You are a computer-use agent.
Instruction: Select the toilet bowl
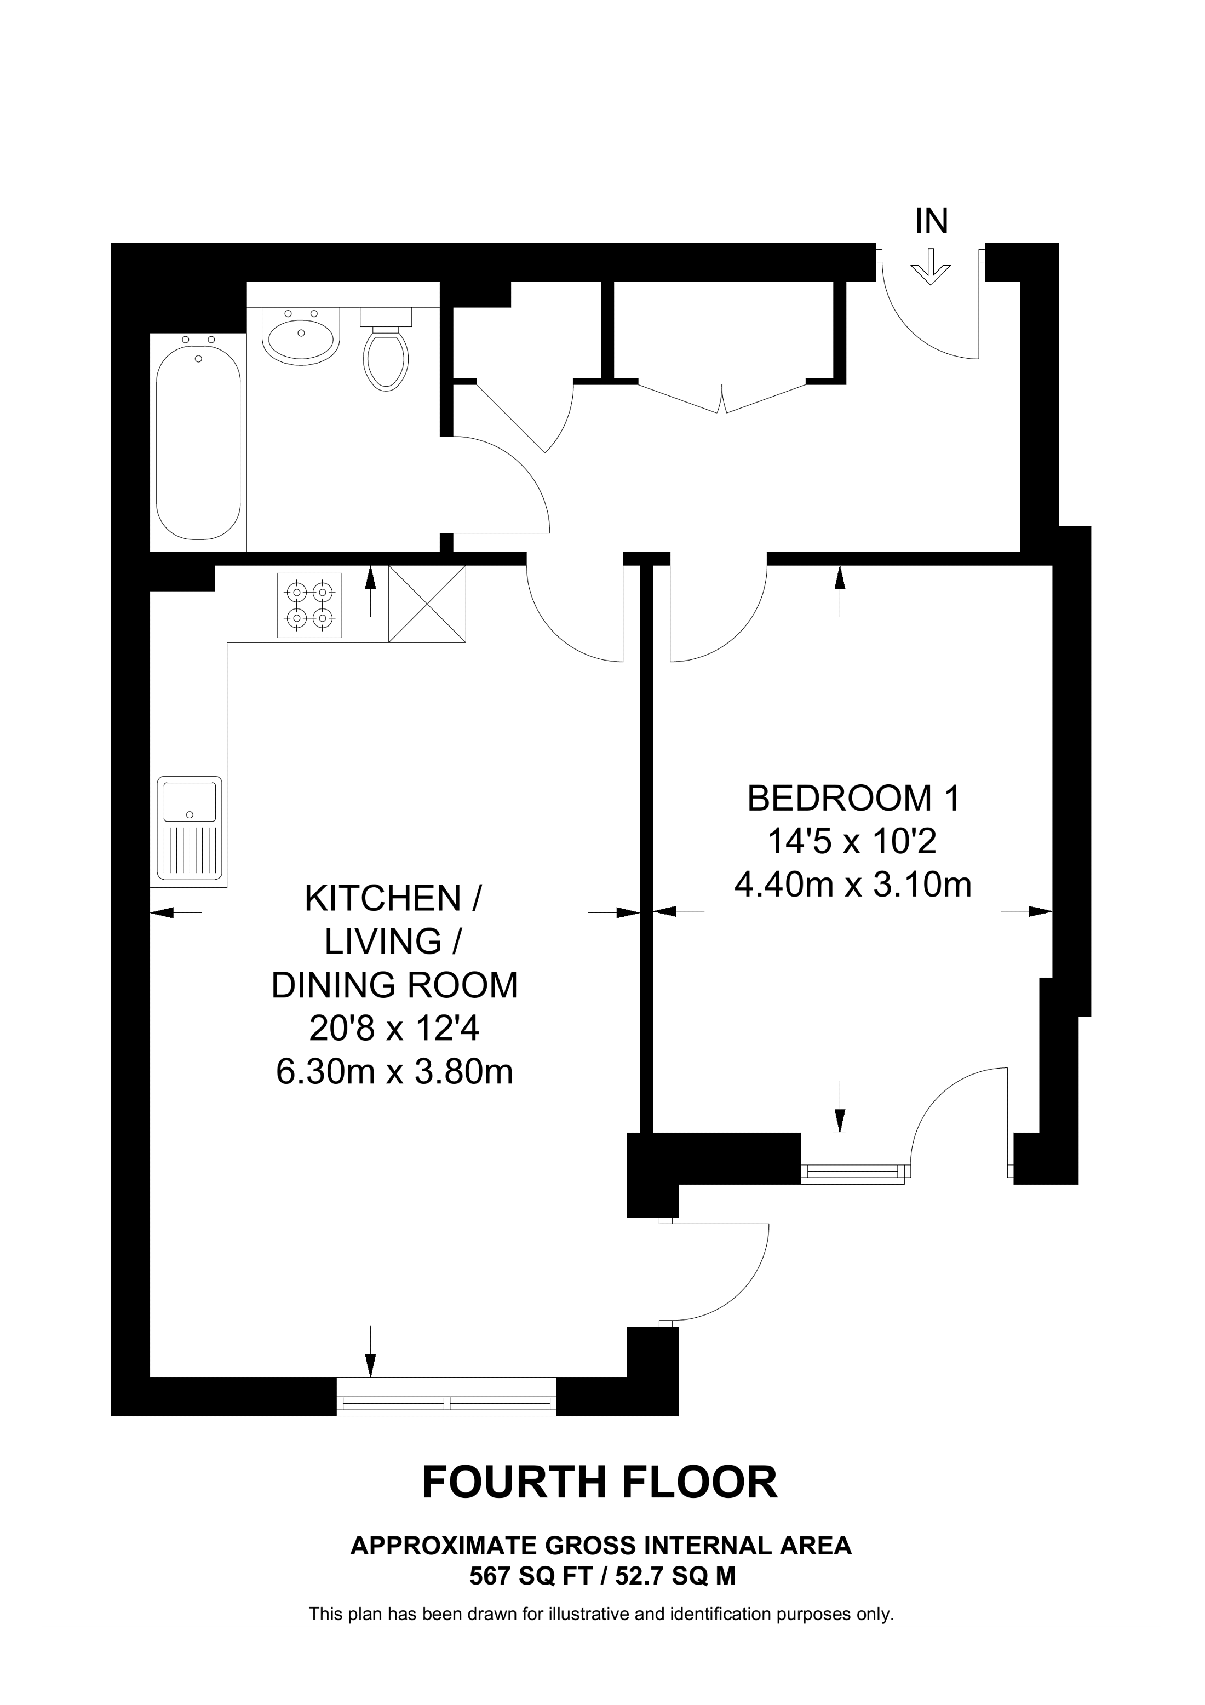pos(386,358)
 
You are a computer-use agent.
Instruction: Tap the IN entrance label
pos(931,221)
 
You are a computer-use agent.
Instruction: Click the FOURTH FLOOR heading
pos(600,1482)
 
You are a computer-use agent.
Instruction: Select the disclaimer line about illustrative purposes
pos(601,1614)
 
